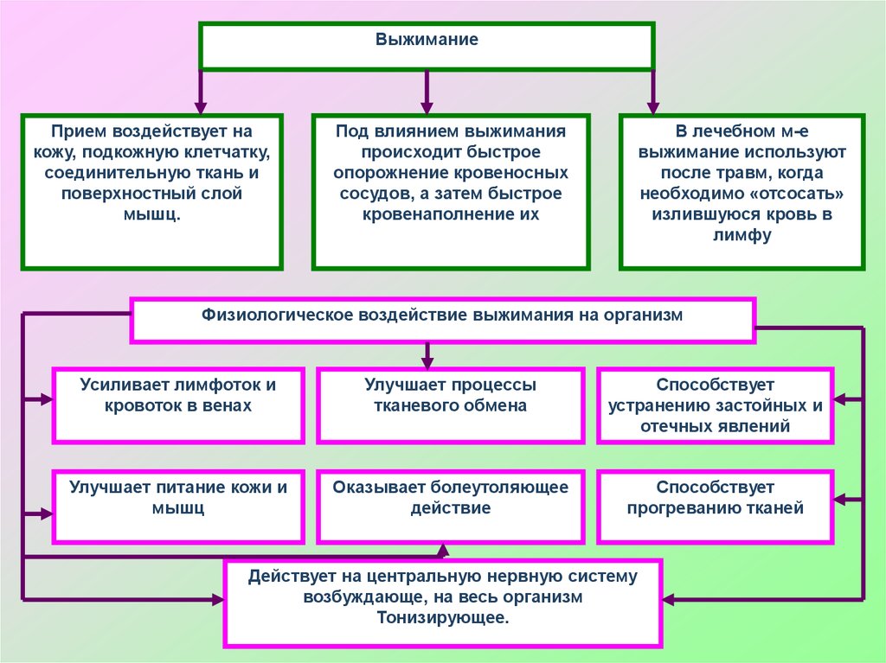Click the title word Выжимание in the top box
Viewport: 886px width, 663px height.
pos(427,40)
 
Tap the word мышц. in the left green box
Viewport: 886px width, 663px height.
pos(151,214)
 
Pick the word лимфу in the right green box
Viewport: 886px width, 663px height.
pos(742,235)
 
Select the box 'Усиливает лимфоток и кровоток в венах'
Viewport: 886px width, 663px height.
pos(178,405)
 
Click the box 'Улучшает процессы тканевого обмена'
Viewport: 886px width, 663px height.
pos(450,405)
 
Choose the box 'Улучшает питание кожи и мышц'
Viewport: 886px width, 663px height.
pos(178,507)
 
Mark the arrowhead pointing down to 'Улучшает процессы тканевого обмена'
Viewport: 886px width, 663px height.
pos(427,359)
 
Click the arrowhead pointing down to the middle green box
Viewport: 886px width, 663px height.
pos(427,105)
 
